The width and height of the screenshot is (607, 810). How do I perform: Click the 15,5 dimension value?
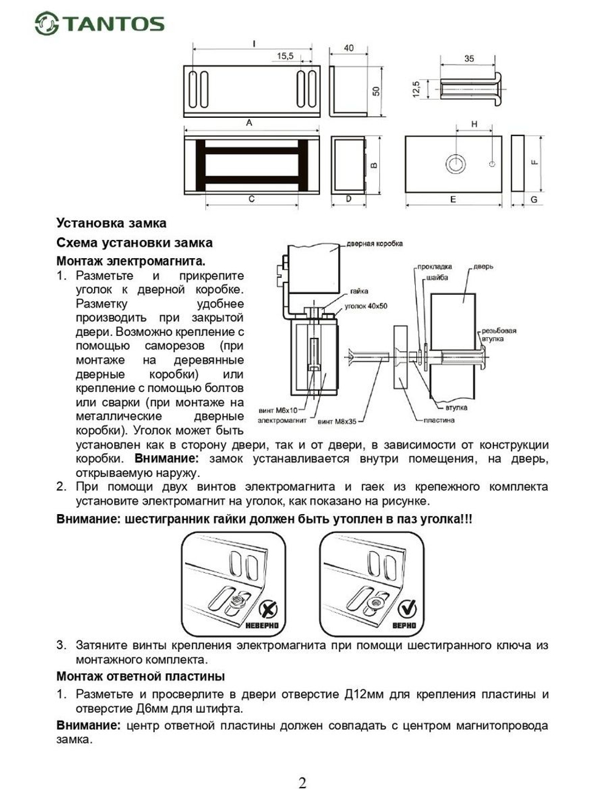click(x=285, y=56)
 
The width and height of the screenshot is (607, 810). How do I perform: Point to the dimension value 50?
click(x=376, y=91)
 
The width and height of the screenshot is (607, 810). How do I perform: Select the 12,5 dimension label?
click(x=416, y=89)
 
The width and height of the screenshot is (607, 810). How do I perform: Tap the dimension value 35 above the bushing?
click(x=469, y=59)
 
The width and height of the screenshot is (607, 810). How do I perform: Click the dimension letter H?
click(x=474, y=124)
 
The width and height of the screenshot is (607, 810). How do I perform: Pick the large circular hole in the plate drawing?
click(x=455, y=164)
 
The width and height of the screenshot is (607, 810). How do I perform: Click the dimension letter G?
click(x=534, y=199)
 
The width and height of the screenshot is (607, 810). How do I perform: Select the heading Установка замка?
click(x=111, y=223)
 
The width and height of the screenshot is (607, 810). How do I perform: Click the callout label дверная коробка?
click(x=375, y=244)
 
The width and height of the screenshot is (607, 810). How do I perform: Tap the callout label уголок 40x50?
click(x=366, y=306)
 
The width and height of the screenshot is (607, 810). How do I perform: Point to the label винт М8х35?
click(x=337, y=420)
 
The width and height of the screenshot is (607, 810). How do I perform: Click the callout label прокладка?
click(x=435, y=267)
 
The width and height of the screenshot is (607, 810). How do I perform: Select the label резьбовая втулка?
click(x=499, y=335)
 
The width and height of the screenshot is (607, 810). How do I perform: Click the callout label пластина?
click(x=439, y=420)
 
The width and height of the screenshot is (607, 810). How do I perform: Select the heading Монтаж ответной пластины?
click(x=140, y=676)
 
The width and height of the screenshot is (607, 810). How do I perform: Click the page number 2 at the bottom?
click(x=302, y=783)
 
